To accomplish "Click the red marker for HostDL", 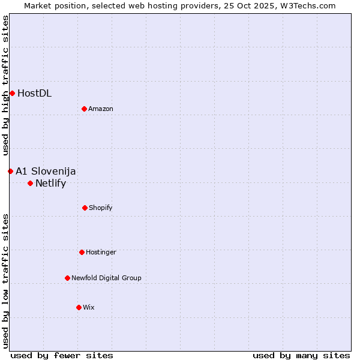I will coord(12,93).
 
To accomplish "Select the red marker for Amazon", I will coord(84,109).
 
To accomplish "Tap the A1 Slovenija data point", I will coord(10,171).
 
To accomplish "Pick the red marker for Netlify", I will coord(30,183).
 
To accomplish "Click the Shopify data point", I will coord(85,208).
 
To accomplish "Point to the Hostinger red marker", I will coord(82,252).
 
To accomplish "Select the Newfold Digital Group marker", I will coord(67,278).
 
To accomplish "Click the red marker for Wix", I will coord(79,307).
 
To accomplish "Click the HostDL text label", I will coord(34,93).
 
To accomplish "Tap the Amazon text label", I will coord(101,109).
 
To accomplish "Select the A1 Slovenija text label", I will coord(46,171).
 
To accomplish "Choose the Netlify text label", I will coord(50,183).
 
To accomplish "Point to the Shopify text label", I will coord(101,208).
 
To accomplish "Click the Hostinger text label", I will coord(101,252).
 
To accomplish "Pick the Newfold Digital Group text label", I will coord(106,278).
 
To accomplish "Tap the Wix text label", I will coord(89,307).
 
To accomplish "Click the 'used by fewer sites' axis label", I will coord(62,355).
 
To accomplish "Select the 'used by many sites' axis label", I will coord(301,355).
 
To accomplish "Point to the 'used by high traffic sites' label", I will coord(5,85).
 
